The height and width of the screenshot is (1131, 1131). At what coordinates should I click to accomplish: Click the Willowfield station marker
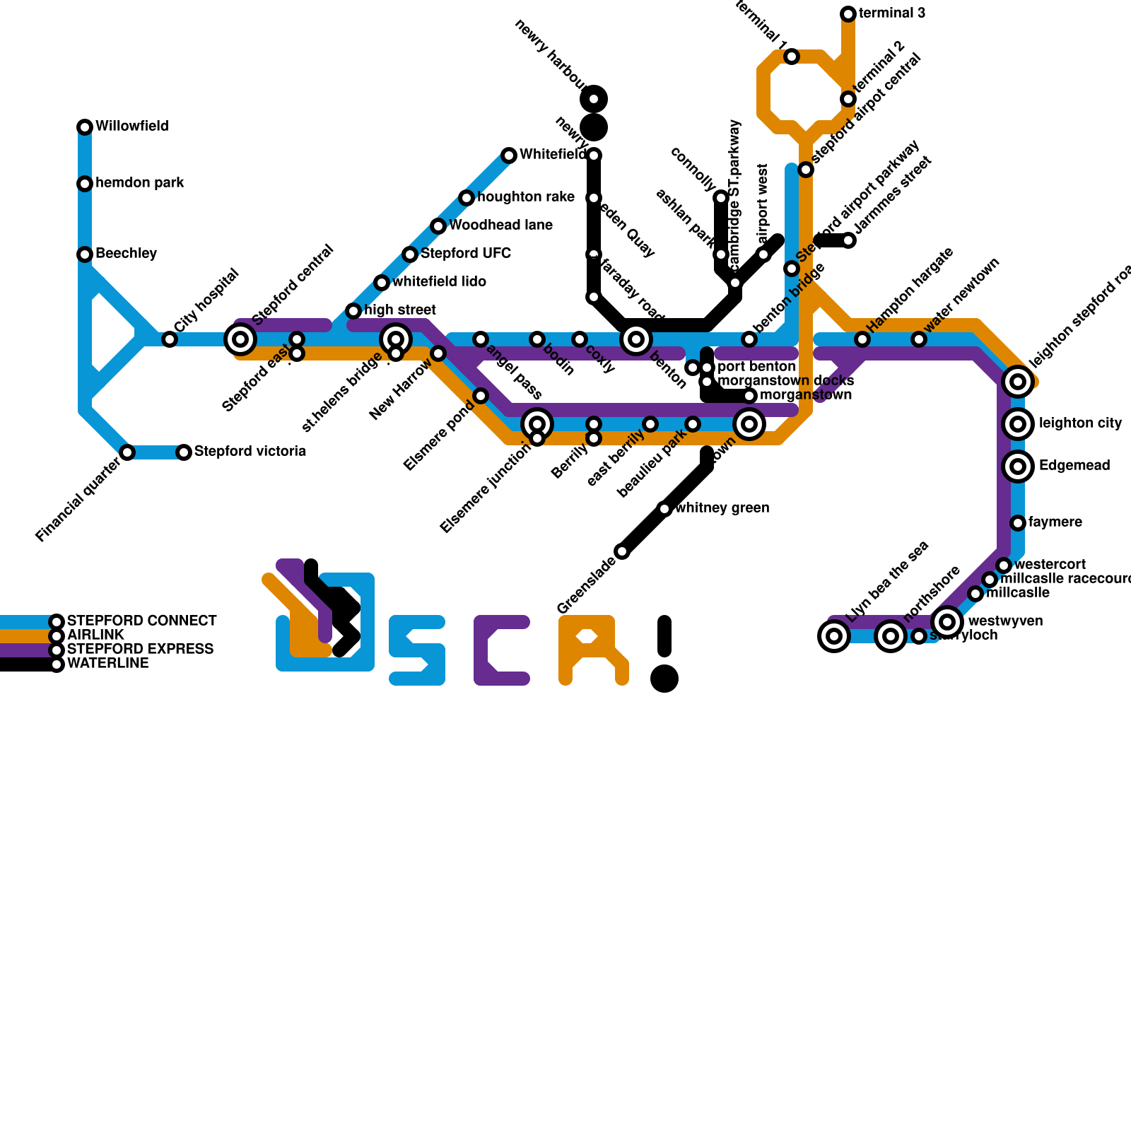click(x=85, y=127)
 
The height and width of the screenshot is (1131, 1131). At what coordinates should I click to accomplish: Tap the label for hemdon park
click(x=139, y=183)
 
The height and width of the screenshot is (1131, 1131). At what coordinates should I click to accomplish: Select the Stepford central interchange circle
click(x=240, y=339)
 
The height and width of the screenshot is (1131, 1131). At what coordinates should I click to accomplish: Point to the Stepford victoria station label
click(x=250, y=452)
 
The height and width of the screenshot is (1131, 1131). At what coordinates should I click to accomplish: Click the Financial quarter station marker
click(x=127, y=452)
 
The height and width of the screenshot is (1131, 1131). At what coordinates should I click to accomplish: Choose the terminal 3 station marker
click(x=848, y=14)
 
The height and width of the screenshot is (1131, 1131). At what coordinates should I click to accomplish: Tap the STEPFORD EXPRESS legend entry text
click(x=140, y=649)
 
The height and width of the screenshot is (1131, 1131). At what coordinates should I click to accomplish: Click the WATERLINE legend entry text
click(x=107, y=663)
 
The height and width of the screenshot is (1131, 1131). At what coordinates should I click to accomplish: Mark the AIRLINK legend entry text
click(x=95, y=635)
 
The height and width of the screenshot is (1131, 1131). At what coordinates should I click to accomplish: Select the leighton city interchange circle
click(x=1018, y=424)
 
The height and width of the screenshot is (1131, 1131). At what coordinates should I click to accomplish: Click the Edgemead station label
click(x=1074, y=466)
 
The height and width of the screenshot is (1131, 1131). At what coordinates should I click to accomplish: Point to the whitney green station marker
click(x=664, y=509)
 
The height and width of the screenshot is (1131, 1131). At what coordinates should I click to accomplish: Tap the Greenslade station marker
click(x=622, y=551)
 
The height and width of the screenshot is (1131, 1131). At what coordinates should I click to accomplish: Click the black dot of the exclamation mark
click(x=664, y=679)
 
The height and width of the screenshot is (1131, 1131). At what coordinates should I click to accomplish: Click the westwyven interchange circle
click(x=947, y=622)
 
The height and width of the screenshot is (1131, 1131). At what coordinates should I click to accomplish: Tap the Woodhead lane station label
click(x=500, y=225)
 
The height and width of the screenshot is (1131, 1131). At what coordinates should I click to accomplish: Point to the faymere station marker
click(x=1018, y=523)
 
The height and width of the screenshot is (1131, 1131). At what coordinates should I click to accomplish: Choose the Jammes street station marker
click(x=848, y=240)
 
